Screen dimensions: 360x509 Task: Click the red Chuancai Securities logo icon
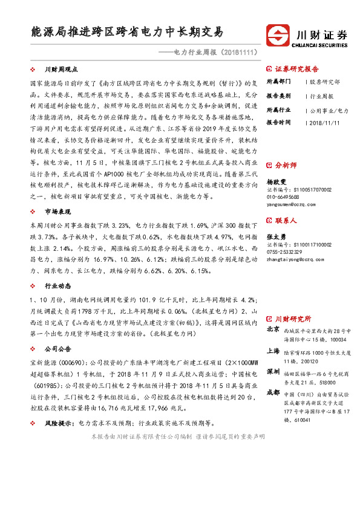point(278,34)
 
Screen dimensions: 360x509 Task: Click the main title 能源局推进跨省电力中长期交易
point(128,31)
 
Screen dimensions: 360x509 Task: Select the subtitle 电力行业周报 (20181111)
point(215,53)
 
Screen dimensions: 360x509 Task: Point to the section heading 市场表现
point(58,211)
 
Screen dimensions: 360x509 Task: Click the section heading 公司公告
point(58,349)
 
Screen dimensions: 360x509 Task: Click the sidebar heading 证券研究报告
point(296,69)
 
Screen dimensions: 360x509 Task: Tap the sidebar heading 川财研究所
point(293,318)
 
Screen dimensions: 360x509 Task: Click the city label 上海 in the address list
point(272,351)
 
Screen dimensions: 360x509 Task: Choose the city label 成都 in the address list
point(272,392)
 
